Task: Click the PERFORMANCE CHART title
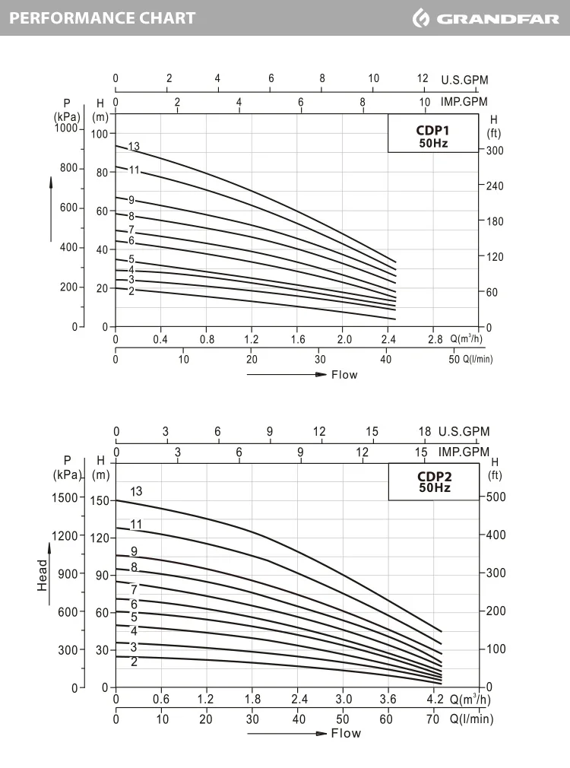(x=103, y=17)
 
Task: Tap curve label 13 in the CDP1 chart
(x=134, y=146)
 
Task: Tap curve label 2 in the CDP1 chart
(x=131, y=290)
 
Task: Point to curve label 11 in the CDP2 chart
(x=136, y=524)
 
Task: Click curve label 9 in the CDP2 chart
(x=134, y=551)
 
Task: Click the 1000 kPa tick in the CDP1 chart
(x=66, y=129)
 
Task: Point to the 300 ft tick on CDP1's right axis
(x=496, y=151)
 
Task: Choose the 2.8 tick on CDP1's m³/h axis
(x=435, y=339)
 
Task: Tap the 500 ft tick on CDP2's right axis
(x=496, y=497)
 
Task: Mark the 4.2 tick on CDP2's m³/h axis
(x=435, y=700)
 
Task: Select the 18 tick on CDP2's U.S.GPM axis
(x=425, y=432)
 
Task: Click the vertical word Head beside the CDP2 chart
(x=43, y=576)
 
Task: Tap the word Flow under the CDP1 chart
(x=344, y=374)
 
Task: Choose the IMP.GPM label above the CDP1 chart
(x=464, y=101)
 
